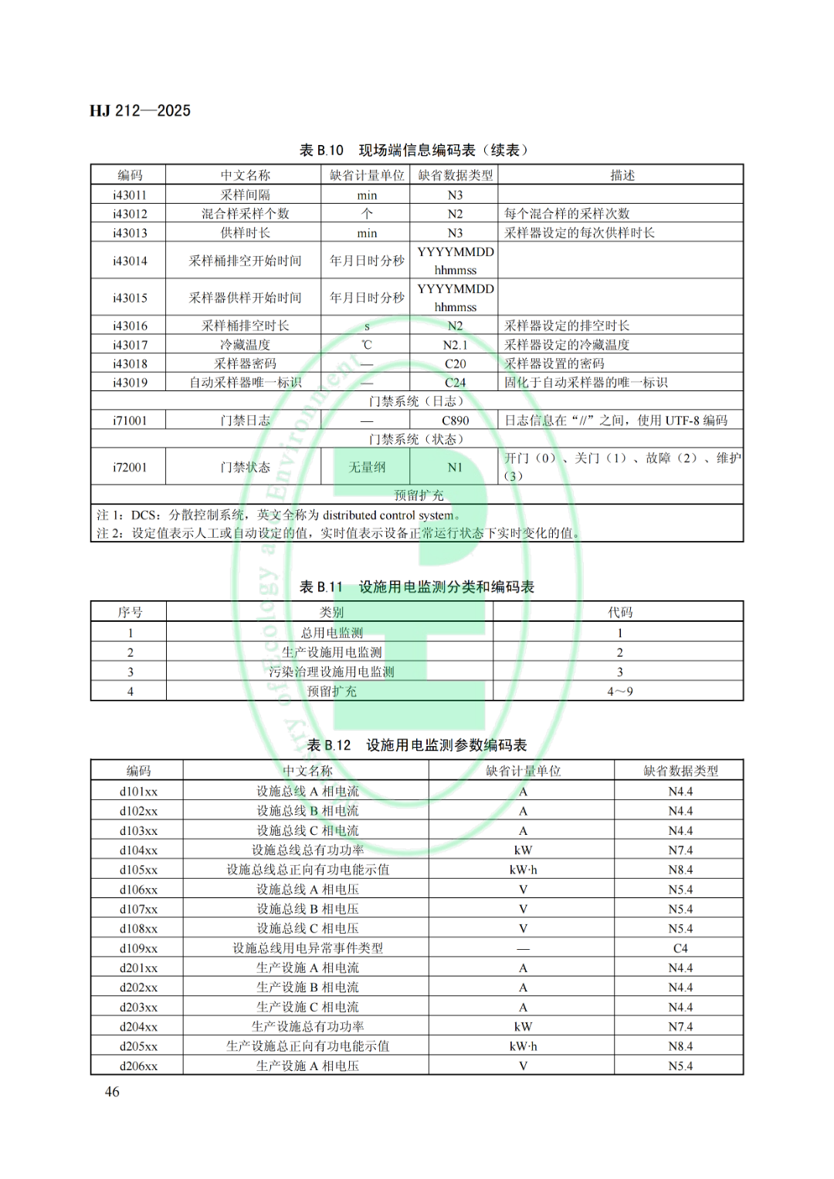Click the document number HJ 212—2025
[x=140, y=110]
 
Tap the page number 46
[x=112, y=1091]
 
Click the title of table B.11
[x=416, y=587]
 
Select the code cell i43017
[x=130, y=345]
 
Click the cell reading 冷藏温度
[x=245, y=345]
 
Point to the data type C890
[x=455, y=421]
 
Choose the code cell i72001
[x=130, y=467]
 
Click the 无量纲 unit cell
[x=367, y=467]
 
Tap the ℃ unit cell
[x=367, y=345]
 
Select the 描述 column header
[x=622, y=175]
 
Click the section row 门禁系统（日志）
[x=416, y=401]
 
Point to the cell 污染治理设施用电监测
[x=331, y=672]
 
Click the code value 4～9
[x=619, y=691]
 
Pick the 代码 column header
[x=619, y=613]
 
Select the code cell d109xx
[x=138, y=948]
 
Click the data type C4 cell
[x=680, y=948]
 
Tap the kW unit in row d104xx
[x=523, y=850]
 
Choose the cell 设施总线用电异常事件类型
[x=307, y=948]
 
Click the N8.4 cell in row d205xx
[x=680, y=1046]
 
